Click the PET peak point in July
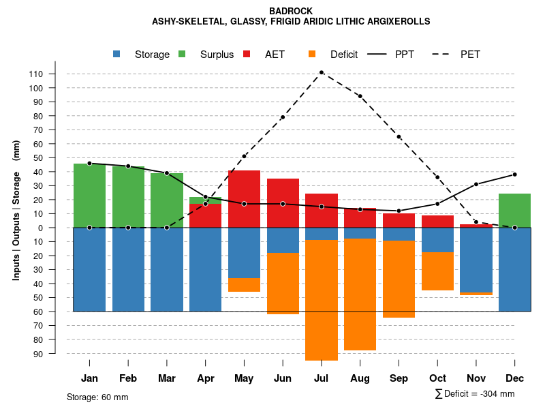coord(321,72)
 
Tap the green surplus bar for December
coord(515,211)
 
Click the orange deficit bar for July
coord(321,300)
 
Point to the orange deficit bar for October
coord(437,271)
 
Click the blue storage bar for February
coord(128,269)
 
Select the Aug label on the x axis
coord(360,378)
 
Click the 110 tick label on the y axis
coord(55,74)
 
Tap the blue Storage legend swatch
coord(117,55)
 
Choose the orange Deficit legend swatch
coord(312,55)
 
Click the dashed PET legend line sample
coord(443,55)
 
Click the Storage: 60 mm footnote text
coord(97,397)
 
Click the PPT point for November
coord(476,184)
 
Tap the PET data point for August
coord(360,96)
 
